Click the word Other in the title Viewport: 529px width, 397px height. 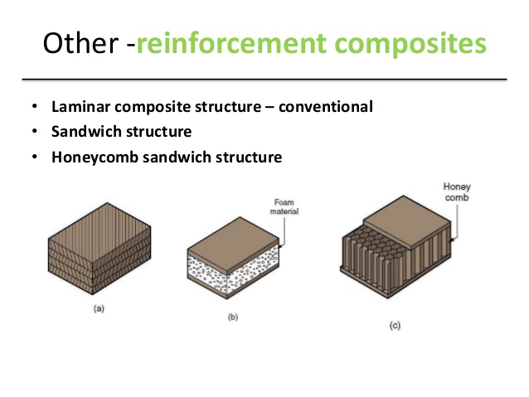point(76,42)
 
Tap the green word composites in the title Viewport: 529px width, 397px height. point(410,44)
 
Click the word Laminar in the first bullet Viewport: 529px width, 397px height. point(80,107)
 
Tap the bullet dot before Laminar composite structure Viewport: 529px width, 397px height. point(35,108)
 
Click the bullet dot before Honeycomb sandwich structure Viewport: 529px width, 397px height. point(35,157)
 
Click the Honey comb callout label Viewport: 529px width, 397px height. point(456,191)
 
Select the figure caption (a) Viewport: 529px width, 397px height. point(99,308)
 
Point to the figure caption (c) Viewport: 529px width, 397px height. point(395,326)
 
